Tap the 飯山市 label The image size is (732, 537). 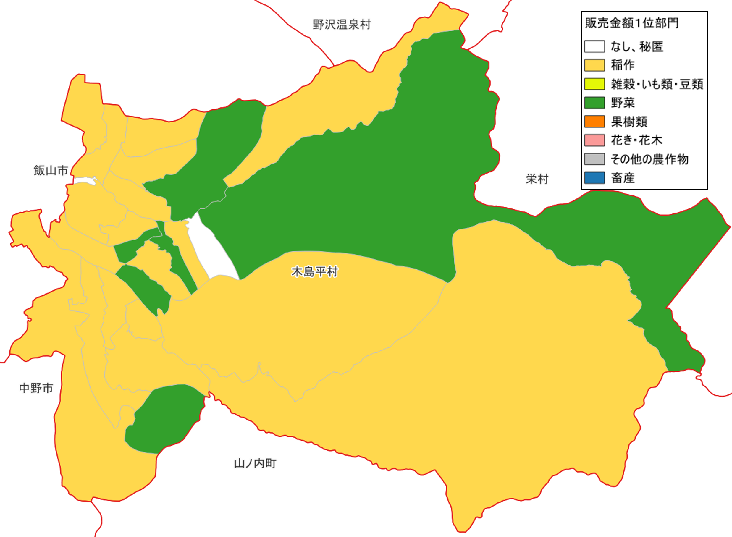(x=51, y=170)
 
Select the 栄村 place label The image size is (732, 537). (x=537, y=179)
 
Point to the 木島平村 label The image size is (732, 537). (x=314, y=272)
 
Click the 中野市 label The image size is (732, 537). (x=36, y=388)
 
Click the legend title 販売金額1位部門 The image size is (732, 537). (x=631, y=23)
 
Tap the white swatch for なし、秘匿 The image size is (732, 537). (x=594, y=46)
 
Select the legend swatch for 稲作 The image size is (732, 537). (x=594, y=65)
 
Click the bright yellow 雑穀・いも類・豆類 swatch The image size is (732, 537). (x=594, y=84)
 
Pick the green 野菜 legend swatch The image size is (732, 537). (x=594, y=103)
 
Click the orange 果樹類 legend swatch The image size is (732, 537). (x=594, y=122)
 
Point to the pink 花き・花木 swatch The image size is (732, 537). (x=594, y=140)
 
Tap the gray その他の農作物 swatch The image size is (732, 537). (x=594, y=159)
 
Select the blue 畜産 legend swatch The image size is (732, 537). (x=594, y=178)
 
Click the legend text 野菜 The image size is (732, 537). (x=623, y=103)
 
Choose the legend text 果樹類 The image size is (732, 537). (x=629, y=122)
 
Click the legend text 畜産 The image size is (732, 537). (x=623, y=178)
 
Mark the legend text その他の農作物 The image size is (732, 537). (x=649, y=159)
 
